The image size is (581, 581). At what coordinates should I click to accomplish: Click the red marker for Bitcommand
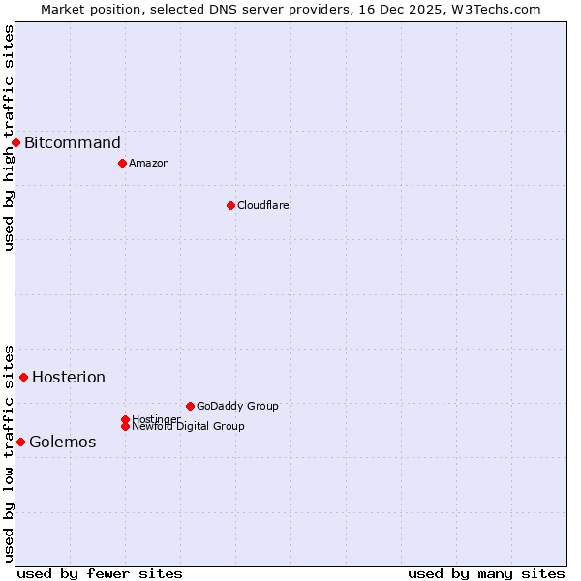tap(15, 143)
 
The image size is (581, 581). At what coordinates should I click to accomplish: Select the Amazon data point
tap(122, 163)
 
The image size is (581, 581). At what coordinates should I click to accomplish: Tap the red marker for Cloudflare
tap(230, 205)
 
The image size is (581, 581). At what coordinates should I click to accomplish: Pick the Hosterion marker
tap(23, 377)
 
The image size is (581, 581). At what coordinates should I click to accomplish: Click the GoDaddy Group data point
tap(190, 406)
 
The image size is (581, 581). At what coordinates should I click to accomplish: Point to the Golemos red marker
tap(20, 442)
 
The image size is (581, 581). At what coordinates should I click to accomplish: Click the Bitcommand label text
tap(73, 143)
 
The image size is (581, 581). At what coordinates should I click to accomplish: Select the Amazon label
tap(149, 163)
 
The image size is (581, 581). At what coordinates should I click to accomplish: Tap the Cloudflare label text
tap(263, 205)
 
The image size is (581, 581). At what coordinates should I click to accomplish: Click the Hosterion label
tap(69, 378)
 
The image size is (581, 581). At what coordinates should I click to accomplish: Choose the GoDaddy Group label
tap(237, 406)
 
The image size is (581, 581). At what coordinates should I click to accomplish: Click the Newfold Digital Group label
tap(189, 426)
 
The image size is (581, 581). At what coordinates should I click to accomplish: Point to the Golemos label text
tap(63, 443)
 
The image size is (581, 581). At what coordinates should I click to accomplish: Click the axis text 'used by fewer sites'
tap(100, 573)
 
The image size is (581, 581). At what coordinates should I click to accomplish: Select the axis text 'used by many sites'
tap(486, 573)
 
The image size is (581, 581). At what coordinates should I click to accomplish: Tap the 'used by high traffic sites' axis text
tap(9, 138)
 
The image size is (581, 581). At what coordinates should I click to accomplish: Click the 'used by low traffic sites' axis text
tap(9, 452)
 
